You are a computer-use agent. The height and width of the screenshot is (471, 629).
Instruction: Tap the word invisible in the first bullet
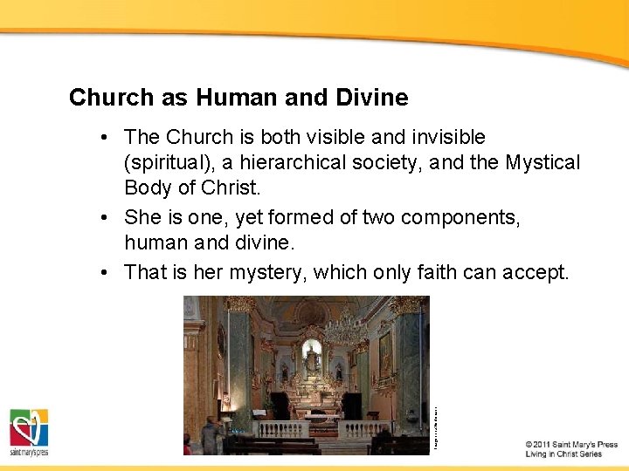click(x=442, y=137)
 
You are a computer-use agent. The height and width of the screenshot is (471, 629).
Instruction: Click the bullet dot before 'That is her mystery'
click(x=104, y=273)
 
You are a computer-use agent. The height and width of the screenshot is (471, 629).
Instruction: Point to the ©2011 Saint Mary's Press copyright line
click(x=571, y=445)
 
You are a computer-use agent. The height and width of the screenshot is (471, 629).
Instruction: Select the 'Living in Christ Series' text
click(x=563, y=454)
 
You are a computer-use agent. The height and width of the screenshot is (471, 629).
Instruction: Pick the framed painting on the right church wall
click(x=385, y=353)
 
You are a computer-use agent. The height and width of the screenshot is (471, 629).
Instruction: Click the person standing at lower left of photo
click(x=209, y=435)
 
